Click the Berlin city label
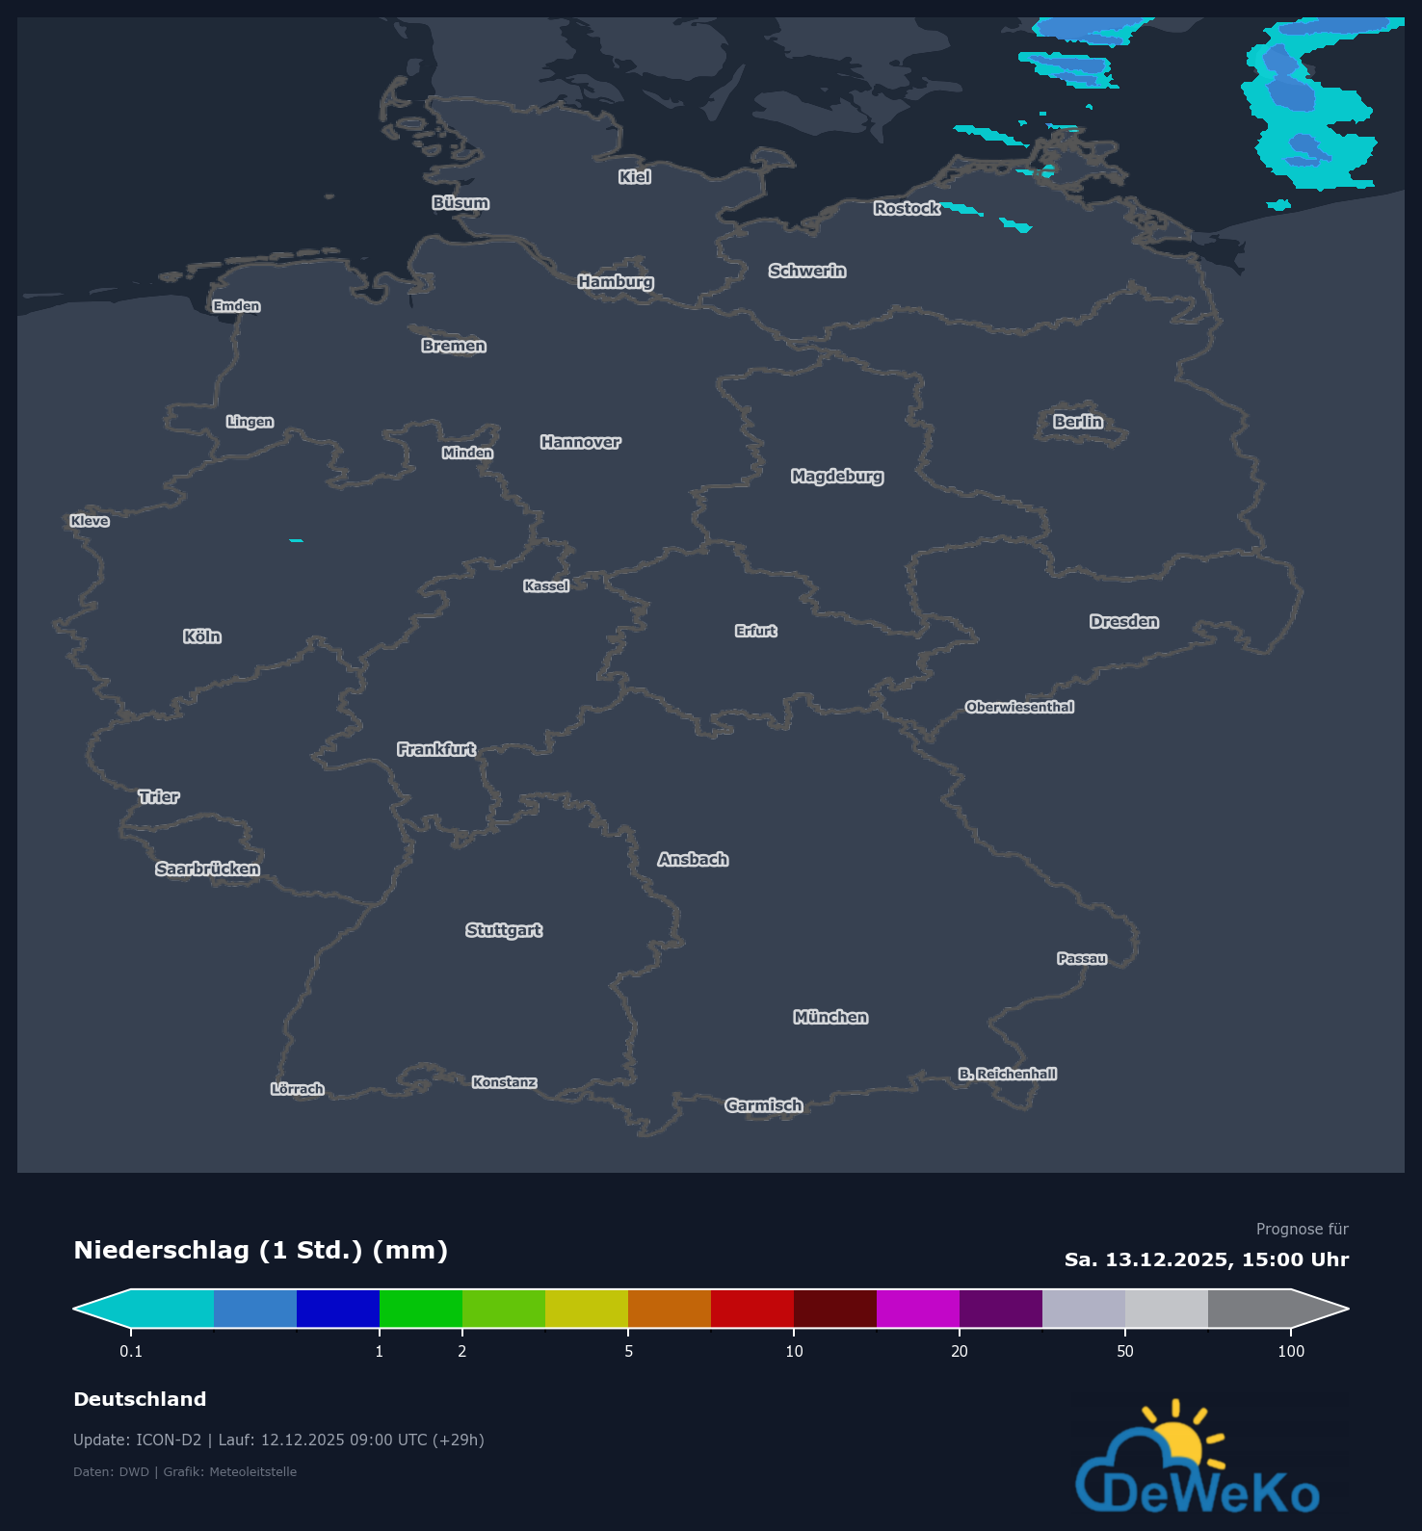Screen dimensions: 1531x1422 [x=1077, y=422]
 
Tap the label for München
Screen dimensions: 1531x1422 [x=830, y=1017]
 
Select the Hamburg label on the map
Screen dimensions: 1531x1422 [x=616, y=281]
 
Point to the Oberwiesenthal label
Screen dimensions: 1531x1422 [x=1019, y=707]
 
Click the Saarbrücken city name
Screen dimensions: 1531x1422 [x=207, y=869]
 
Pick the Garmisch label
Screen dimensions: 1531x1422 [x=763, y=1105]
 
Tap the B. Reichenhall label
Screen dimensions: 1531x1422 [x=1007, y=1074]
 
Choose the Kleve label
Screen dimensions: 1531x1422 [x=90, y=521]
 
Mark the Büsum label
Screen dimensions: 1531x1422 [x=461, y=203]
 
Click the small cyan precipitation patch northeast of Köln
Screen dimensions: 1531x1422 [x=296, y=540]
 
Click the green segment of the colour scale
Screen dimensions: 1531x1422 [x=421, y=1309]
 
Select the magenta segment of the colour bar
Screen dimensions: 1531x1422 [x=918, y=1309]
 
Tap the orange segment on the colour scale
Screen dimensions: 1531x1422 [x=670, y=1309]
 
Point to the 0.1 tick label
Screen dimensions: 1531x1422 [x=131, y=1351]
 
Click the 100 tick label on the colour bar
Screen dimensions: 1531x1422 [x=1291, y=1351]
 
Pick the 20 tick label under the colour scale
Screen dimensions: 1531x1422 [x=960, y=1351]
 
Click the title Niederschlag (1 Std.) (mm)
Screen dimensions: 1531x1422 [x=260, y=1250]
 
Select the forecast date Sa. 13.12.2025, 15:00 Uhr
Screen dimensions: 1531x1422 [x=1206, y=1259]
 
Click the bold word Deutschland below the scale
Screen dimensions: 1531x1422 [x=140, y=1399]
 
